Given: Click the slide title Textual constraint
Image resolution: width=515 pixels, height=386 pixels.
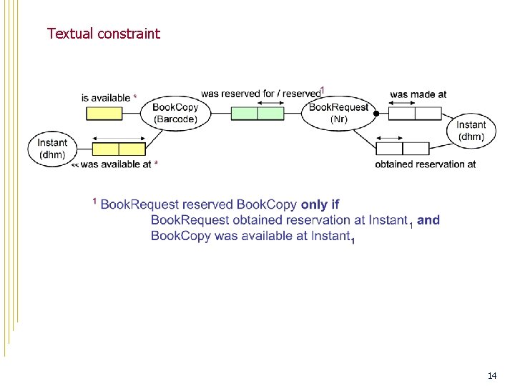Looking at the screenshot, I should pos(104,33).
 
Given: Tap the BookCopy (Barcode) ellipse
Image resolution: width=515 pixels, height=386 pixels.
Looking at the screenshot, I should pos(175,113).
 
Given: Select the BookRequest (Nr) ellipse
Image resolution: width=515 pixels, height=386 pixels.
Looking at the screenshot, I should pos(338,113).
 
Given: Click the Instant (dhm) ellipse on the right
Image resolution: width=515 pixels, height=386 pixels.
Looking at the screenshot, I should pos(471,130).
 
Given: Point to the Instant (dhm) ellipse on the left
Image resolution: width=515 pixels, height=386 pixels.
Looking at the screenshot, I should pos(51,148).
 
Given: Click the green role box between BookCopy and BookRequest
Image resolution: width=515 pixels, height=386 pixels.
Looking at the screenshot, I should pos(257,113).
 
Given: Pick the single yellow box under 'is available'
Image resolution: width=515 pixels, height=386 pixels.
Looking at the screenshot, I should pos(104,113).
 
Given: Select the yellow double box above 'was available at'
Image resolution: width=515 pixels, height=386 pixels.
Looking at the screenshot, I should pos(119,149).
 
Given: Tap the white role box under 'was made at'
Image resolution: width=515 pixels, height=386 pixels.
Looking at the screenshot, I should pos(414,113).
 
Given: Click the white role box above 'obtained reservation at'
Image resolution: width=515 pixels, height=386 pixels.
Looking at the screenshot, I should pos(402,149).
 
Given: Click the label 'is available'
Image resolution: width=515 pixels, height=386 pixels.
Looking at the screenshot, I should pos(105,97).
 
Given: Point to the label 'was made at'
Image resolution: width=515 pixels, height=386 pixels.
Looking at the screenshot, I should pos(418,94).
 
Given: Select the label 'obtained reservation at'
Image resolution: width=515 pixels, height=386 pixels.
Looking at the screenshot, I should pos(425,164).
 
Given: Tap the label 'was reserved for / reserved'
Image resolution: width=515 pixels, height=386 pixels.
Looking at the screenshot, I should pos(260,94).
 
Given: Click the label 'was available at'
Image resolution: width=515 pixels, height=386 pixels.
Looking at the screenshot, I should pos(116,164).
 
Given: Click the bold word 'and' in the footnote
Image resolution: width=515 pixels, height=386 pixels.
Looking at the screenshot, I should pos(428,220).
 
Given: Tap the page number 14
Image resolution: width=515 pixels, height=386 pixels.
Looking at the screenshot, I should pos(492,375).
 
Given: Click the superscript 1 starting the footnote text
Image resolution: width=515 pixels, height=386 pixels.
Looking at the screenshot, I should pos(95,202).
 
